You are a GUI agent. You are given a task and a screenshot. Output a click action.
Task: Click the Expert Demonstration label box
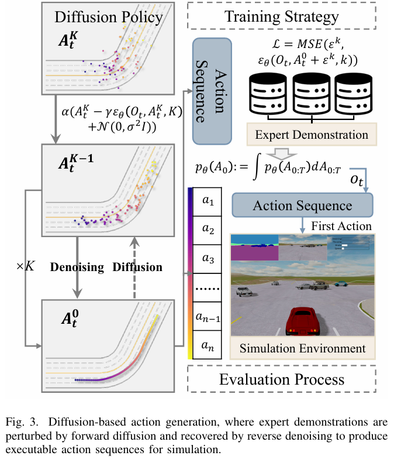(312, 135)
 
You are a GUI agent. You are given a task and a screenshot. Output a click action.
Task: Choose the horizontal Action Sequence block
(302, 205)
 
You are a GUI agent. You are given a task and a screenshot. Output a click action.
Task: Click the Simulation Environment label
(302, 348)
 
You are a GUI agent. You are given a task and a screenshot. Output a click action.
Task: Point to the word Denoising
(76, 267)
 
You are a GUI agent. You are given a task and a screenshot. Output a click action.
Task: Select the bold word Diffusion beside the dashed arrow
(138, 267)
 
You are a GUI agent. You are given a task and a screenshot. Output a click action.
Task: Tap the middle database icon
(312, 95)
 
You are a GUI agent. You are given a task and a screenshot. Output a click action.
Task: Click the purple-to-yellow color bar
(191, 273)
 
